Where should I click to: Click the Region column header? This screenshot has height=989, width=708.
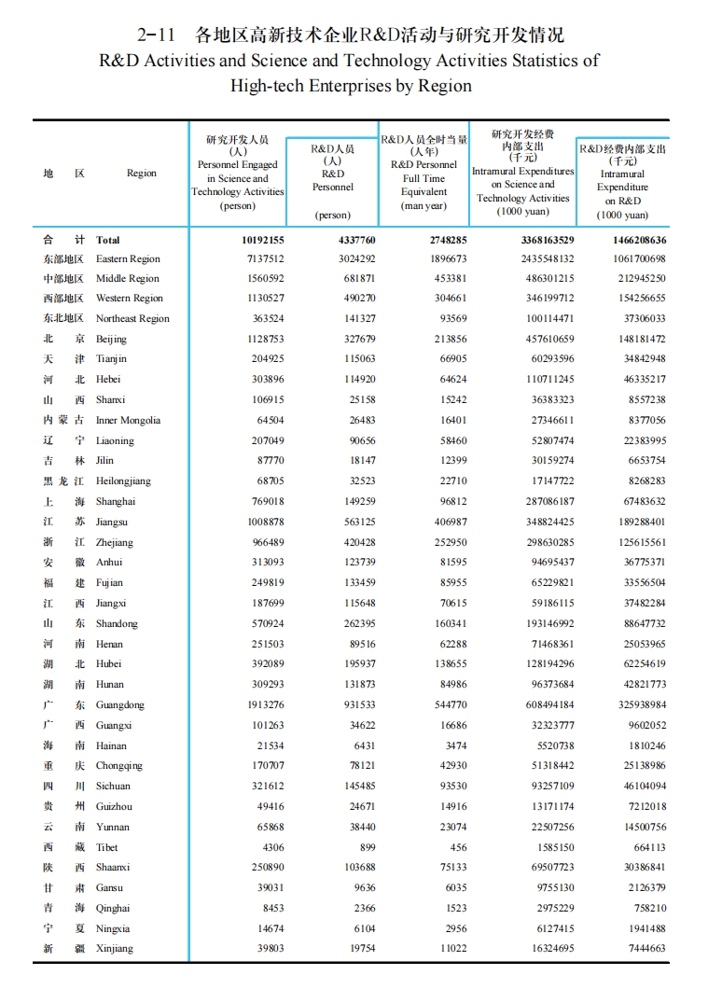click(142, 173)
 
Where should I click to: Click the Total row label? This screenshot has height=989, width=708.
click(108, 240)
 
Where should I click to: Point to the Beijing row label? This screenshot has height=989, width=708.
click(111, 339)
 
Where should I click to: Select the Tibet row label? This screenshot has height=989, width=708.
click(107, 847)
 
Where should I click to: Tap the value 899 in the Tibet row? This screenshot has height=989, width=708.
click(367, 847)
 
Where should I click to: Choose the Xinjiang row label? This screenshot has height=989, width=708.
click(115, 948)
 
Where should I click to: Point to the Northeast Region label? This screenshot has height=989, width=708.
click(132, 318)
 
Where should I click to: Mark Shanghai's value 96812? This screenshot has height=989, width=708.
click(448, 501)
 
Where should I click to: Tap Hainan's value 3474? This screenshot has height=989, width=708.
click(456, 745)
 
